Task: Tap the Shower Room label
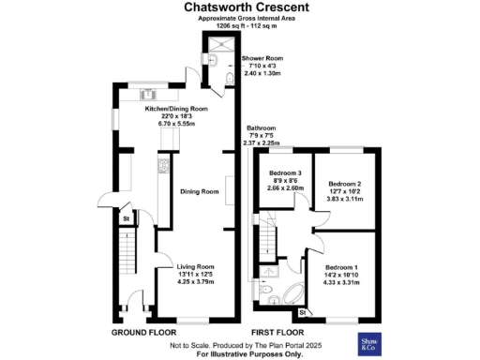click(262, 58)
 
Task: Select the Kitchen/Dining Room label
click(175, 109)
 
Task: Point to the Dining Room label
click(199, 191)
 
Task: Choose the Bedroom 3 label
click(285, 173)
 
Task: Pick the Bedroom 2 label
click(343, 173)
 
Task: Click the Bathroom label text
click(261, 128)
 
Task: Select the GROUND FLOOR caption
click(144, 333)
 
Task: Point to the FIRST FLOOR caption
click(277, 333)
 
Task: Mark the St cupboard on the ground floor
click(126, 219)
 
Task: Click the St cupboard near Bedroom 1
click(303, 311)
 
